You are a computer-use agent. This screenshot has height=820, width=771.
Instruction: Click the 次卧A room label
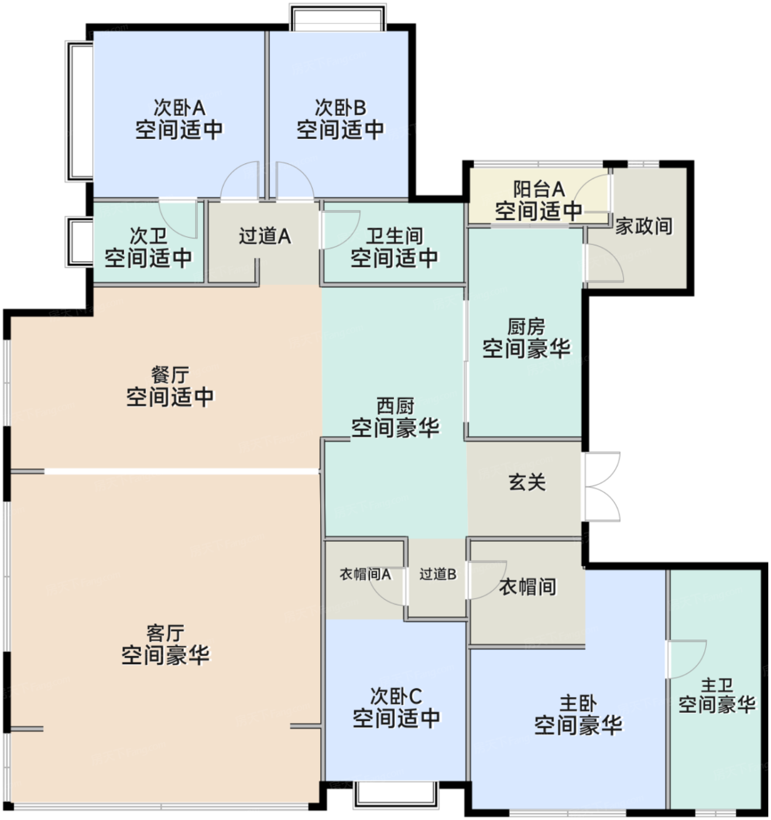tap(179, 108)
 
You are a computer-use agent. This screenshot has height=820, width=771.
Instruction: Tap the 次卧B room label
tap(340, 108)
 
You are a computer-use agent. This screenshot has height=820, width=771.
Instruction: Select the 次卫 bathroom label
tap(148, 236)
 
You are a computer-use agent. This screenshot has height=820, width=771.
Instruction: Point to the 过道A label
tap(265, 236)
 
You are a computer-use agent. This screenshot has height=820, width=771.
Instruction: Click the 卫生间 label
tap(394, 236)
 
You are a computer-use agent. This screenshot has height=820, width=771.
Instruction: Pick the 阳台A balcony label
tap(539, 189)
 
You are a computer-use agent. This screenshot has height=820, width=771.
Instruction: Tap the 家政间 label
tap(643, 225)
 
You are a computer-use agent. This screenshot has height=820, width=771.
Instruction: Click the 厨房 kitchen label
tap(526, 326)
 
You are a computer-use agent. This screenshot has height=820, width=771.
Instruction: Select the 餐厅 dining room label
tap(170, 375)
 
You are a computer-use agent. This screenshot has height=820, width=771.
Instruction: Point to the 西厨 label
tap(395, 405)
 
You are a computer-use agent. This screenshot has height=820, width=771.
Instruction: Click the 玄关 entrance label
tap(527, 482)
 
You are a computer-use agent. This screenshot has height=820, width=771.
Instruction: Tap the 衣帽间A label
tap(365, 574)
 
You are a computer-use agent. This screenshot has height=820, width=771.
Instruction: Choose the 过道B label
tap(437, 574)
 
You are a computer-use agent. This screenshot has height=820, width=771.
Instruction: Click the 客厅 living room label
tap(165, 633)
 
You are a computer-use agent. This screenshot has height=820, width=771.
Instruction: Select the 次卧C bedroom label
tap(396, 696)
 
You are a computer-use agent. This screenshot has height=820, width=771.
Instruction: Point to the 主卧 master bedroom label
tap(578, 703)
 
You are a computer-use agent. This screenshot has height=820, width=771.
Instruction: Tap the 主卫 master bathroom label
tap(717, 685)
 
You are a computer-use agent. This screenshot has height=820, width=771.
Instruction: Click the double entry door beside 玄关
tap(602, 486)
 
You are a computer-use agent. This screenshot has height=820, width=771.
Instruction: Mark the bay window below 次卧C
tap(396, 794)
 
